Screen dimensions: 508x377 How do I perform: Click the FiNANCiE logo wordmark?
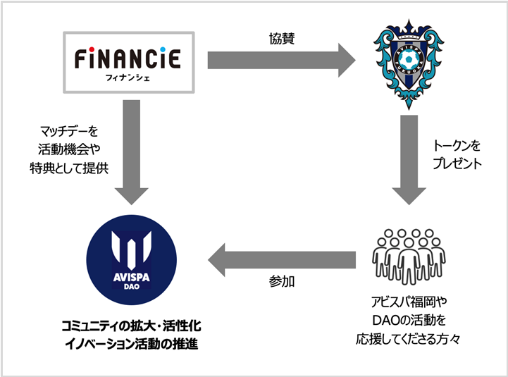[128, 58]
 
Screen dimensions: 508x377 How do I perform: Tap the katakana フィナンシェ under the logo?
[128, 78]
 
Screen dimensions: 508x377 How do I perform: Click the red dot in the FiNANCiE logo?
[92, 49]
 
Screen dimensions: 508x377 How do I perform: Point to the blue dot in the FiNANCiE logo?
[163, 49]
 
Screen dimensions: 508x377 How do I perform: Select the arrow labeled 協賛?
[282, 60]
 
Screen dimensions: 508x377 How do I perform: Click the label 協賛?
[282, 38]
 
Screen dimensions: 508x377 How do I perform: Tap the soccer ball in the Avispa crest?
[408, 59]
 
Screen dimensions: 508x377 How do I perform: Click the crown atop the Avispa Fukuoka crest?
[409, 28]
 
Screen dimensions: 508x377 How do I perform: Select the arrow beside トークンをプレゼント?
[409, 160]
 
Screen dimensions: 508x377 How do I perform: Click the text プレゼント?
[457, 163]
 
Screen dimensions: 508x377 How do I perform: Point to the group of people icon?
[409, 257]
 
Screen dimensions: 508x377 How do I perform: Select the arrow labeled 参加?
[282, 259]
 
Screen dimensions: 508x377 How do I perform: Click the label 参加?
[282, 281]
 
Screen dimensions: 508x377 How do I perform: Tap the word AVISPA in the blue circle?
[132, 278]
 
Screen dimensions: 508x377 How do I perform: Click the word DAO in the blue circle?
[132, 287]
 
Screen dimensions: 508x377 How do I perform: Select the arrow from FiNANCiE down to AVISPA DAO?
[132, 152]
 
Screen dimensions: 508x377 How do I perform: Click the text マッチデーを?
[68, 131]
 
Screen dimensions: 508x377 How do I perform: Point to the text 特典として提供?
[69, 168]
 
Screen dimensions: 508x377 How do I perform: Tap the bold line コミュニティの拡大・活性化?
[131, 326]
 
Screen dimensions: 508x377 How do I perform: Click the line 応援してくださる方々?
[408, 339]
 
